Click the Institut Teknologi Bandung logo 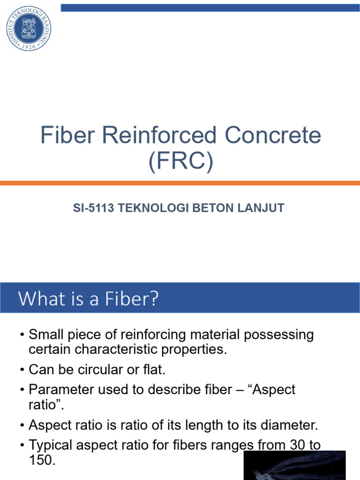(29, 28)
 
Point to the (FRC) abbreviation (180, 162)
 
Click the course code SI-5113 (94, 209)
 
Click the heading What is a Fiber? (89, 299)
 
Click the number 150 (42, 460)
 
